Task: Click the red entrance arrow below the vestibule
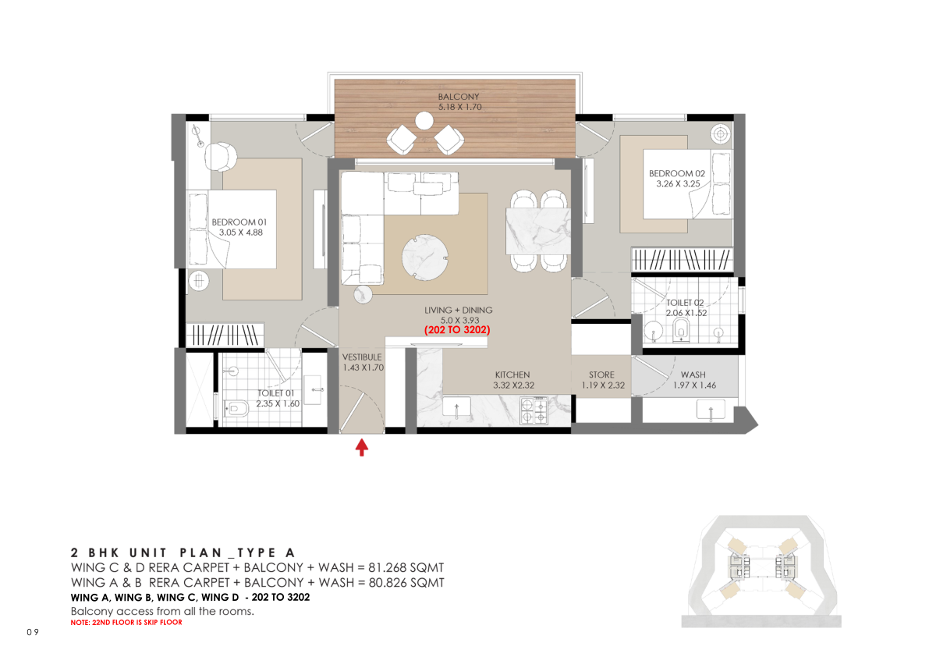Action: (x=361, y=446)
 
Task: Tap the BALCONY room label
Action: (x=459, y=97)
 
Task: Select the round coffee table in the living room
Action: (x=424, y=257)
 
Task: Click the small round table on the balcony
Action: (x=424, y=121)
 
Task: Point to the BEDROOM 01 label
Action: (x=239, y=222)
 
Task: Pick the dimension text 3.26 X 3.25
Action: (x=678, y=183)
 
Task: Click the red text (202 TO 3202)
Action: (x=457, y=330)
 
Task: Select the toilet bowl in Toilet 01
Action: (x=236, y=409)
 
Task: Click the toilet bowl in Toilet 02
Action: (x=682, y=330)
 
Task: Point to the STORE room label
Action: (x=601, y=375)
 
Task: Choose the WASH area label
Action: (x=693, y=375)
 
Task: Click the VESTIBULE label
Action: (x=362, y=357)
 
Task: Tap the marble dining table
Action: (x=538, y=231)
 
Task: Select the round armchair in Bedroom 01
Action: (x=221, y=157)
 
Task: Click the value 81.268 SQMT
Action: (x=406, y=567)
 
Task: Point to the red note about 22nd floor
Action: (x=126, y=623)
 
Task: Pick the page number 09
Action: (x=33, y=632)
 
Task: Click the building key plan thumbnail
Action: (x=761, y=571)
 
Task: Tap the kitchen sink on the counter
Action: (x=457, y=407)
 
